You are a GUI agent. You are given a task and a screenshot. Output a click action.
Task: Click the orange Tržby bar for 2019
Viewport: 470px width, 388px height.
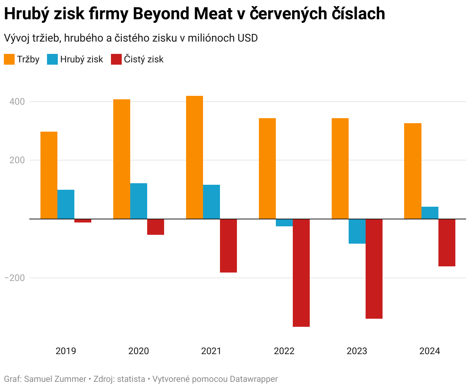click(x=49, y=175)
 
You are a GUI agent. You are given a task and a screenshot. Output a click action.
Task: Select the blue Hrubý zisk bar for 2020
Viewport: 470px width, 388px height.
click(x=139, y=201)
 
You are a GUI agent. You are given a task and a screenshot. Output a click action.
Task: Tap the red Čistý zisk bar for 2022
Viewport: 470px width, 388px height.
click(x=301, y=273)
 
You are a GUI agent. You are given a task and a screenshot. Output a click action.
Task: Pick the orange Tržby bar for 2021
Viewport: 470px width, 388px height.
click(x=195, y=157)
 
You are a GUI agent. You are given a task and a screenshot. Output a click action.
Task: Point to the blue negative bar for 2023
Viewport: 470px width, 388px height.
click(x=357, y=231)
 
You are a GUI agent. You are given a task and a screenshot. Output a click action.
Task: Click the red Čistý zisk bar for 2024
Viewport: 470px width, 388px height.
click(x=447, y=242)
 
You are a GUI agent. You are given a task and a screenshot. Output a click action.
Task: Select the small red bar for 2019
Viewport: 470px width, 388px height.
click(x=83, y=221)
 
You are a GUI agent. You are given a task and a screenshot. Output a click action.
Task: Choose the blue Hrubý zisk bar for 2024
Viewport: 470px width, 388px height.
click(x=430, y=213)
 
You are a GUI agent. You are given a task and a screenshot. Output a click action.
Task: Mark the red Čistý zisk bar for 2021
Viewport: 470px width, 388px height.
click(x=228, y=246)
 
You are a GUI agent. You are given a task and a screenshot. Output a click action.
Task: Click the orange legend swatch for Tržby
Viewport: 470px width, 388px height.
click(x=9, y=59)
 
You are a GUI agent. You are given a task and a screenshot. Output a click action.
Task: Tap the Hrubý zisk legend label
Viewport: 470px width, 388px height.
click(x=82, y=59)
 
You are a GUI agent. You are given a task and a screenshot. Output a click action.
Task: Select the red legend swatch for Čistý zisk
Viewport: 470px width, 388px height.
click(x=116, y=59)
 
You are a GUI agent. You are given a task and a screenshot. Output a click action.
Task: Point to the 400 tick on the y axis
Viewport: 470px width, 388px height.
click(x=17, y=102)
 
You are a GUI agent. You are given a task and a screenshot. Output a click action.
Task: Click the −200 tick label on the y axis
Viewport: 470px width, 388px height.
click(x=15, y=278)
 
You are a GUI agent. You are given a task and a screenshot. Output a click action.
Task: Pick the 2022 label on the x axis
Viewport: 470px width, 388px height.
click(x=284, y=351)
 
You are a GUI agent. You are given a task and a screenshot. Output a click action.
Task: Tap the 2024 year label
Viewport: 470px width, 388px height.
click(x=430, y=351)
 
